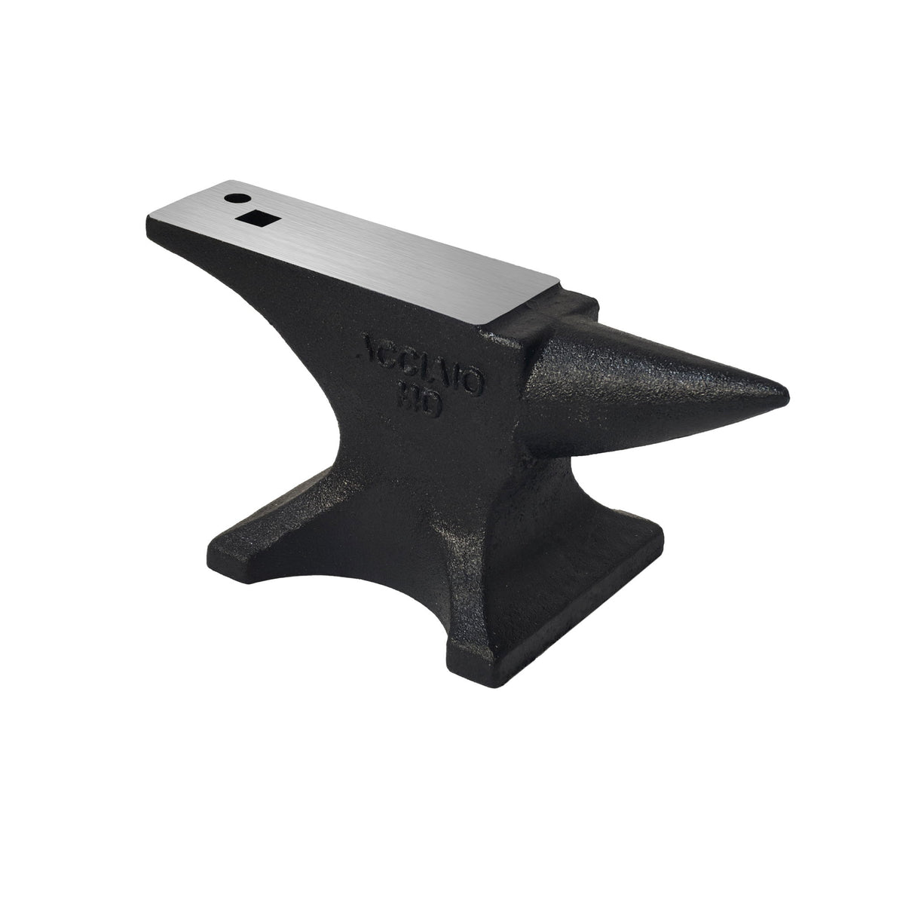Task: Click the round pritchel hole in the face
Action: point(237,198)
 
